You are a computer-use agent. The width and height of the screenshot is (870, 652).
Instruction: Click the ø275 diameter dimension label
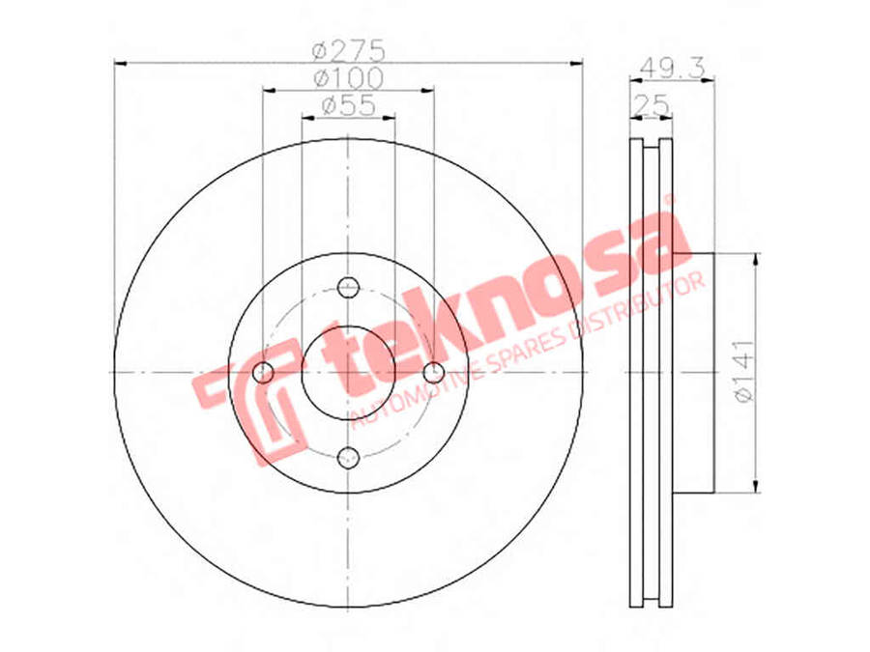coord(349,48)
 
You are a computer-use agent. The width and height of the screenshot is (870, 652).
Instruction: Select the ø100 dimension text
coord(349,76)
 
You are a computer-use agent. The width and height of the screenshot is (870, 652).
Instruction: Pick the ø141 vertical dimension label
coord(742,372)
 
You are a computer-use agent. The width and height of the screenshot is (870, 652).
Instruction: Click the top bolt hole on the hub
coord(349,287)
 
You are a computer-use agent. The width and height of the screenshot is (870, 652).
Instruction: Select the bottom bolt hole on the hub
coord(349,457)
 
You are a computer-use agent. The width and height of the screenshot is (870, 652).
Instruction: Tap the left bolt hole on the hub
coord(263,373)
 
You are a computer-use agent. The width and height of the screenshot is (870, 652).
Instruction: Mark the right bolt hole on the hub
coord(434,373)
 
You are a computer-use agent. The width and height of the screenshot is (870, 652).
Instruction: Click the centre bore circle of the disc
coord(348,373)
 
